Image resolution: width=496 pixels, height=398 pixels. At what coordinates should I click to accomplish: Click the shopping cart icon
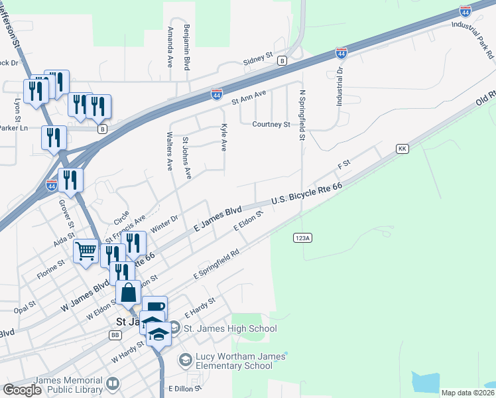(86, 251)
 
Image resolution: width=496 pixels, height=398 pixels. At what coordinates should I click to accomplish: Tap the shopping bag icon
(128, 292)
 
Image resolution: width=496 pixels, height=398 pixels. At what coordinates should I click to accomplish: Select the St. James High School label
(229, 328)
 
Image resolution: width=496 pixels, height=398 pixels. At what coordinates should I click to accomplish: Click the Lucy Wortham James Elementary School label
(235, 362)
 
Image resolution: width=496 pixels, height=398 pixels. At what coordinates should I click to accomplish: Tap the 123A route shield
(301, 237)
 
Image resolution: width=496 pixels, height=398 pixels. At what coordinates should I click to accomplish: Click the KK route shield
(401, 149)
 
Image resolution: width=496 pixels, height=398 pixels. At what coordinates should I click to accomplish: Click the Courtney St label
(271, 124)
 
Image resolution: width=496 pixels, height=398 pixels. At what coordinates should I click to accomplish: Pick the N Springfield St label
(301, 116)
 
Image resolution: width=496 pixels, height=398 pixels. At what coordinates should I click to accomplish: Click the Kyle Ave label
(224, 137)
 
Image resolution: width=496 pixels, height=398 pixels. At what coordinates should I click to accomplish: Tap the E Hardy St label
(200, 306)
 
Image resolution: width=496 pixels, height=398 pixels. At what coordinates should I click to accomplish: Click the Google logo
(22, 390)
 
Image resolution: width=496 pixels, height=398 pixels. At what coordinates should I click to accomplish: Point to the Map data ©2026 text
(467, 393)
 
